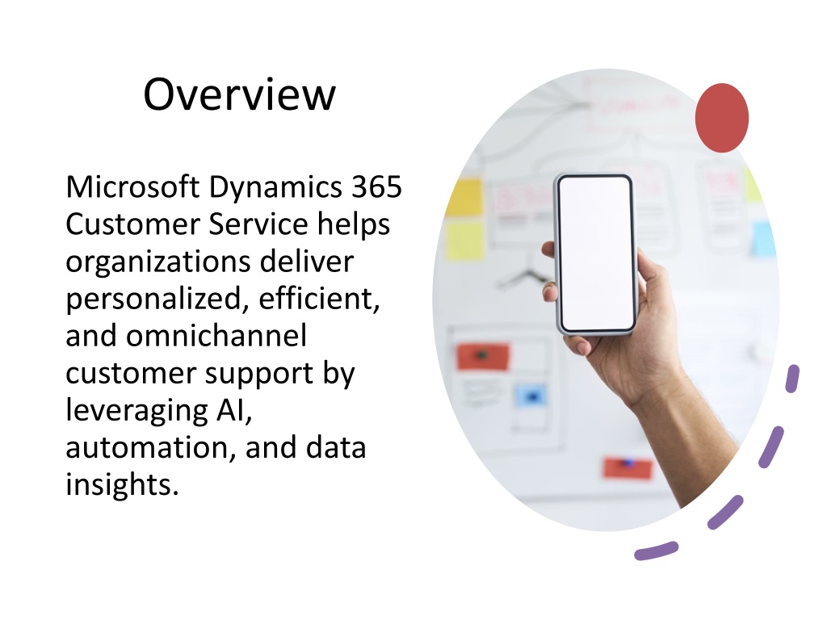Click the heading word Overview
[239, 94]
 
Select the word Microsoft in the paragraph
[133, 186]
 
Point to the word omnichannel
[216, 336]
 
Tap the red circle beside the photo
[721, 118]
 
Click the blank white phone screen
[597, 253]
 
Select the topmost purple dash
[792, 378]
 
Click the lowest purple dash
[657, 551]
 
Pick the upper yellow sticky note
[465, 197]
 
